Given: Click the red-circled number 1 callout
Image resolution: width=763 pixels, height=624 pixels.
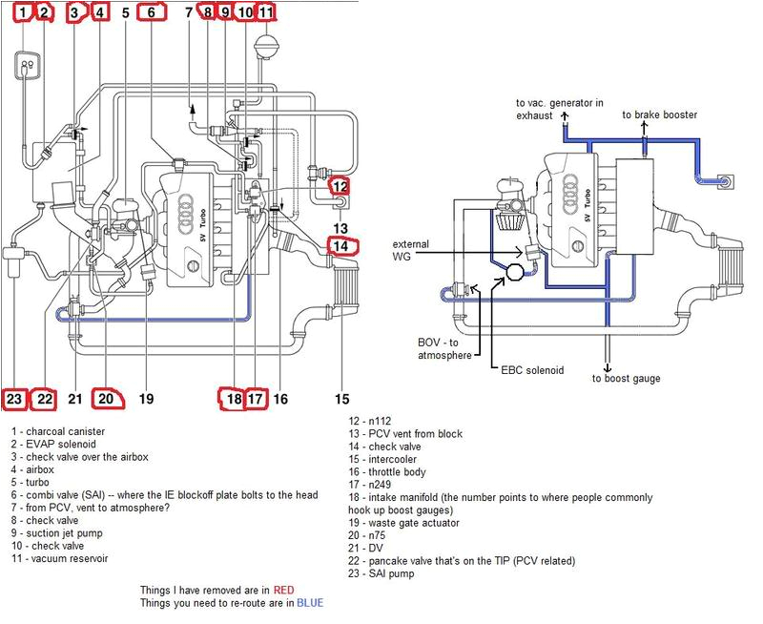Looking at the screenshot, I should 21,12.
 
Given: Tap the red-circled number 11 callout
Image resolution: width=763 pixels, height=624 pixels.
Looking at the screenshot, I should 266,12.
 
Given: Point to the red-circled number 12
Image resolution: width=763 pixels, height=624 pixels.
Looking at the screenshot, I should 340,187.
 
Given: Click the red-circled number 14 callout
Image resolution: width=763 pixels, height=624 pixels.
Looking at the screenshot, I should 340,247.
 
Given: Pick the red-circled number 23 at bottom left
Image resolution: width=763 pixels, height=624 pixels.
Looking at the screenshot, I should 14,399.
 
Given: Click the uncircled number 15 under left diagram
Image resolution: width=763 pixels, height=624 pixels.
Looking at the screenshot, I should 340,399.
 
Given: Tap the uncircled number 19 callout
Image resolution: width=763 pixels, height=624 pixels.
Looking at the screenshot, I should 146,399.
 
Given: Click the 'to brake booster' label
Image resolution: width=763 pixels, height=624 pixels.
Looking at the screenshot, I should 659,114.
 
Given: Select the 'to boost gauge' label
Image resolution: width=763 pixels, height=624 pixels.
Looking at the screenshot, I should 626,379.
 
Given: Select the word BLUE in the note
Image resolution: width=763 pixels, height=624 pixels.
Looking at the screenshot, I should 309,603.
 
